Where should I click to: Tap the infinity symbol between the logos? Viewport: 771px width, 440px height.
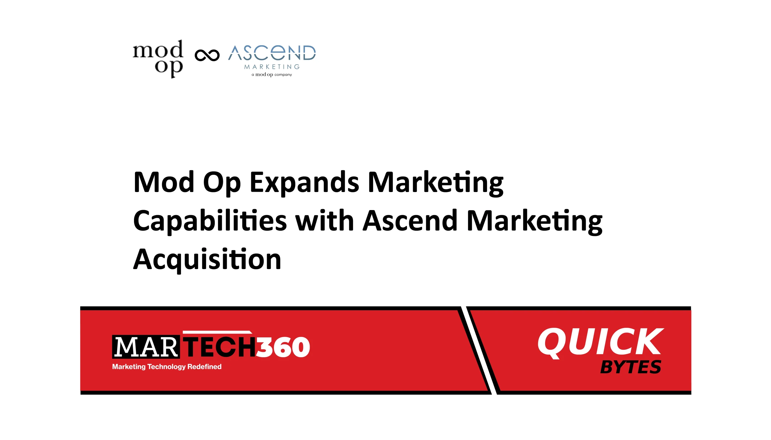pyautogui.click(x=207, y=55)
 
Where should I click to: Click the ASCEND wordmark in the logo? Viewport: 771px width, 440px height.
pyautogui.click(x=272, y=53)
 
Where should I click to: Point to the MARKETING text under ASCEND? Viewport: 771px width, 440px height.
pyautogui.click(x=272, y=67)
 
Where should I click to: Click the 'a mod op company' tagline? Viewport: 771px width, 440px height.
pyautogui.click(x=272, y=75)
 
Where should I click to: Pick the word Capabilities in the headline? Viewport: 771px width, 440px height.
pyautogui.click(x=210, y=221)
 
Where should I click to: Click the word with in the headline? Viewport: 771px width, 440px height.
pyautogui.click(x=324, y=221)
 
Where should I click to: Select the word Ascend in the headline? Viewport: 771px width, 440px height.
pyautogui.click(x=410, y=221)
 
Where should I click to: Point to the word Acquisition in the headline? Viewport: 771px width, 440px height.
pyautogui.click(x=207, y=260)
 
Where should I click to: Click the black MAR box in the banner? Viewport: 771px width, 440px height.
pyautogui.click(x=146, y=347)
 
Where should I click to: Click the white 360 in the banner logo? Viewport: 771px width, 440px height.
pyautogui.click(x=283, y=347)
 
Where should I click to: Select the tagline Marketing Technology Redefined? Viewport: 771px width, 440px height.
pyautogui.click(x=167, y=367)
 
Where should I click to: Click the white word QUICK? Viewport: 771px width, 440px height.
pyautogui.click(x=600, y=342)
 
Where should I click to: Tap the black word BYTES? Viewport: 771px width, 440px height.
pyautogui.click(x=630, y=367)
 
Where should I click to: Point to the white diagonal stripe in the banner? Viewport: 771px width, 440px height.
pyautogui.click(x=479, y=351)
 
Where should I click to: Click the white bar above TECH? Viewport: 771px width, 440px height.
pyautogui.click(x=217, y=333)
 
